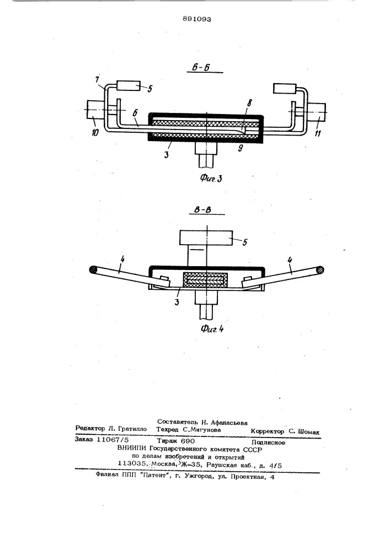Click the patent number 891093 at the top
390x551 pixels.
point(197,19)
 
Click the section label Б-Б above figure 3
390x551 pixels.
point(201,67)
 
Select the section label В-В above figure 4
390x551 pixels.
point(202,209)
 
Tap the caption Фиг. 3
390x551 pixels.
point(211,178)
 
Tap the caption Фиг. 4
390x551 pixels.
point(212,328)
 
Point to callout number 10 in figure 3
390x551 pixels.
point(95,132)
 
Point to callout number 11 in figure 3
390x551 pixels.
point(317,133)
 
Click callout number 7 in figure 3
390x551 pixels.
point(98,78)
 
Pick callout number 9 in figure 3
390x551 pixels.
point(240,148)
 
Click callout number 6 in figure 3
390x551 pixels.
point(135,113)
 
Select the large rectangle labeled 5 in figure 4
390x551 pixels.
point(206,237)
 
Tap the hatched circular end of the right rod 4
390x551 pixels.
point(319,270)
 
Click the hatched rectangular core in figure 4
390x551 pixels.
point(204,280)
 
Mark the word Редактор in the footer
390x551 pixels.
point(90,429)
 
